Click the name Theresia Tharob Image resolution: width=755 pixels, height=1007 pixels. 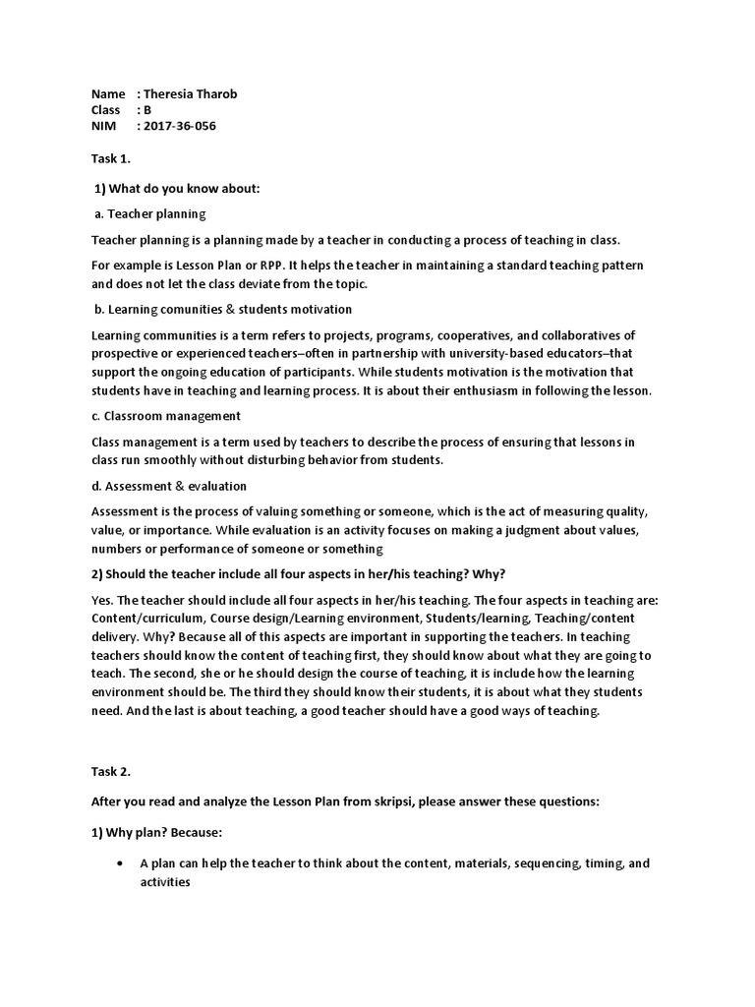pos(190,94)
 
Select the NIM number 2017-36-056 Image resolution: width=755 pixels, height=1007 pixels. pos(180,126)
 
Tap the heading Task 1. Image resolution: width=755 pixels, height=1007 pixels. pos(111,157)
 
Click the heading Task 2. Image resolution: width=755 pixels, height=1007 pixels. pos(111,772)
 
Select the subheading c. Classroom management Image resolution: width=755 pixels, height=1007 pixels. pos(166,416)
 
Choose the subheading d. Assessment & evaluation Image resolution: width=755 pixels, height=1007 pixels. pos(169,486)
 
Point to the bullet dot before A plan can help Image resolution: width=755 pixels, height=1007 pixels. pos(119,863)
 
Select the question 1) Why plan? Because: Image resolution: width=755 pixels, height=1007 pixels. pos(157,832)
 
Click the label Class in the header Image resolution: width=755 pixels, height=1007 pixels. pos(106,110)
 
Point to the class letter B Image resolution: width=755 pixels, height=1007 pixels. pos(147,110)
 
